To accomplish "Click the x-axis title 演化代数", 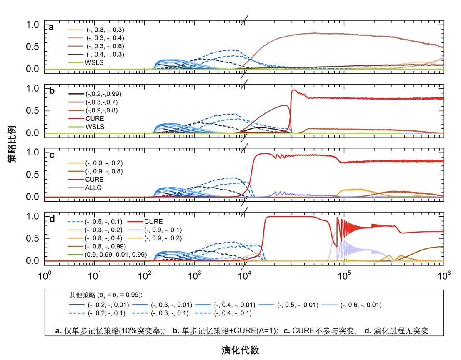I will pos(240,350).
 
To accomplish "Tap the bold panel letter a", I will pos(51,27).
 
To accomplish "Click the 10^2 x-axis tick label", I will pos(144,276).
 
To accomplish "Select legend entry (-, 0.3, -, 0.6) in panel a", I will pos(105,46).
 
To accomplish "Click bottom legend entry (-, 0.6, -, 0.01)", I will pos(361,305).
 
